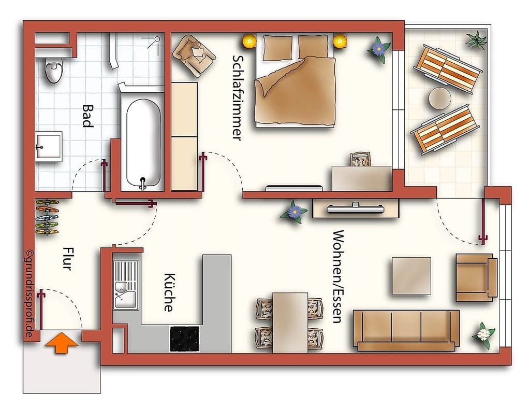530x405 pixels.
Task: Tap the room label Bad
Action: [x=88, y=116]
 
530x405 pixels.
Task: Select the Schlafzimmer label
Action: [x=237, y=98]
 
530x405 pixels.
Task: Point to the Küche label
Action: [x=169, y=292]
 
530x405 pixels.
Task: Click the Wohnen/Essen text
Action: [x=338, y=277]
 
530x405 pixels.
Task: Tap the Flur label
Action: [x=68, y=258]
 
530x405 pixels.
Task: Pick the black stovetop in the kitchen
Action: [x=184, y=339]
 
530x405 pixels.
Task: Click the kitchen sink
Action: [x=126, y=285]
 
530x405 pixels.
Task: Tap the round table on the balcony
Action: [x=440, y=98]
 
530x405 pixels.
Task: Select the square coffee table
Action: [x=411, y=276]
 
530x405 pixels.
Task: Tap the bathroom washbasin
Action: [x=49, y=146]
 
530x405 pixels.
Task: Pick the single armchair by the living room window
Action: [x=476, y=277]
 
